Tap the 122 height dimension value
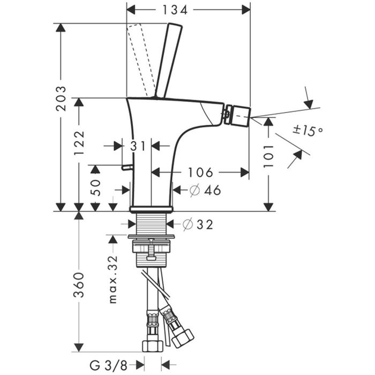[x=79, y=142]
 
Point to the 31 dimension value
[x=137, y=145]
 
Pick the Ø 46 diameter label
[x=206, y=190]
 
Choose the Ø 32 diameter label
[x=198, y=224]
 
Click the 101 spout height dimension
[x=268, y=155]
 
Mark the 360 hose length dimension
[x=79, y=284]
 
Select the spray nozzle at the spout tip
[x=238, y=112]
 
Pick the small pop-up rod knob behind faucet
[x=126, y=168]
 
